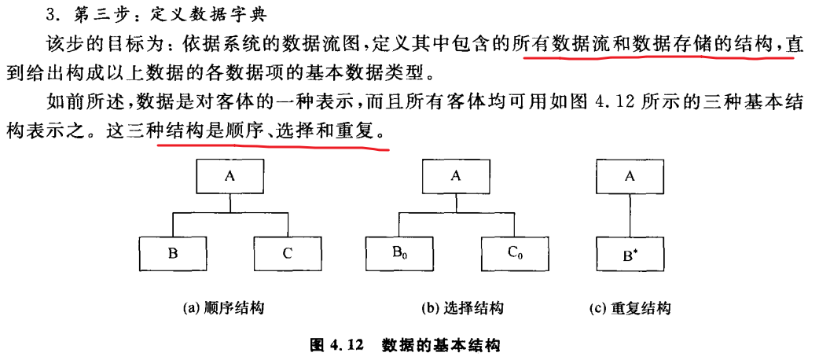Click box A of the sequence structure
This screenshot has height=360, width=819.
[230, 177]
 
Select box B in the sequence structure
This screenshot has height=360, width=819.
[172, 253]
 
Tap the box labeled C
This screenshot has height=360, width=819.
[287, 253]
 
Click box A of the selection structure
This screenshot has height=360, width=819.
[455, 177]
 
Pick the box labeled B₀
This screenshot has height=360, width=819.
[398, 253]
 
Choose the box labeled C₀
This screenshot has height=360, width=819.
[512, 253]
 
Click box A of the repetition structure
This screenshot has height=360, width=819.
[629, 177]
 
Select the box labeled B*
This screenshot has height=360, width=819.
[629, 253]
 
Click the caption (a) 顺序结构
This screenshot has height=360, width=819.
[223, 309]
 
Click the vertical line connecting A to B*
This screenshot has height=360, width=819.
[629, 215]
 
